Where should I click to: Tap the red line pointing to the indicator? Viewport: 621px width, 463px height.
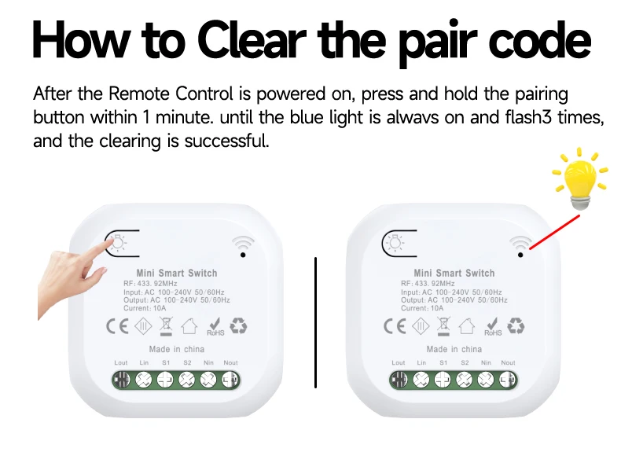(x=554, y=232)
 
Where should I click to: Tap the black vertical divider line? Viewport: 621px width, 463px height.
(x=316, y=322)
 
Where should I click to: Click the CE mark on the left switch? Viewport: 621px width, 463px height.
(x=117, y=326)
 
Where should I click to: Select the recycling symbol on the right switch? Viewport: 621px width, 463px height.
(x=516, y=326)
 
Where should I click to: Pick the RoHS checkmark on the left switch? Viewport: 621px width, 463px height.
(x=215, y=327)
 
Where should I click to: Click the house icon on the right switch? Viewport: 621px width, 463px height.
(x=467, y=326)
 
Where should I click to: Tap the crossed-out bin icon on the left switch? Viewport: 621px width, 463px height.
(x=167, y=327)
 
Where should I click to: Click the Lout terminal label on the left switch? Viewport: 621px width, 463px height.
(x=121, y=362)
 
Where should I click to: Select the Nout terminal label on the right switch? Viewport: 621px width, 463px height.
(x=508, y=362)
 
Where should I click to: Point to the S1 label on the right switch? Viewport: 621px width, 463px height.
(x=443, y=362)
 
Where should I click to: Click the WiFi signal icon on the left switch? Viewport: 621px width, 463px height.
(x=243, y=246)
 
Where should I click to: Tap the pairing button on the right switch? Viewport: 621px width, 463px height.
(x=399, y=243)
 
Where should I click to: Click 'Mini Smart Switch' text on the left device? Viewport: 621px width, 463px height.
(x=177, y=274)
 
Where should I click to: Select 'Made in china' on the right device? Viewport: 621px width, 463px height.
(x=454, y=349)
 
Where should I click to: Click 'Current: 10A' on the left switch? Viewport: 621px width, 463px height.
(x=145, y=308)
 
